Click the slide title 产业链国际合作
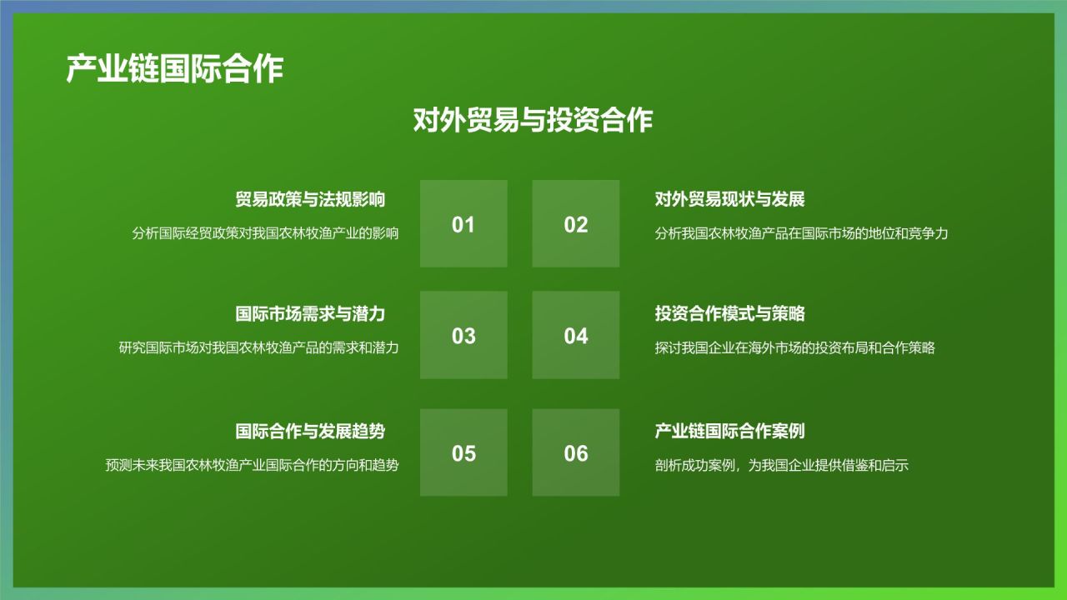(x=174, y=69)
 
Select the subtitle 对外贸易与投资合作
(x=533, y=120)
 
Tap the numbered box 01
(x=463, y=224)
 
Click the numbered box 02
(x=576, y=224)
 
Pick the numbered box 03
(x=463, y=336)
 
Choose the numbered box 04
(x=576, y=336)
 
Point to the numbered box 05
(x=463, y=453)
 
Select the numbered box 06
(x=576, y=453)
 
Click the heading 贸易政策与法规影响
(x=310, y=200)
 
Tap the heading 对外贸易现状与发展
(x=729, y=200)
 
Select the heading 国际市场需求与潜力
(x=310, y=314)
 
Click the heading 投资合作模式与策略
(x=729, y=314)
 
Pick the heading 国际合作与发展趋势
(x=310, y=432)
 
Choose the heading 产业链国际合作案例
(x=729, y=432)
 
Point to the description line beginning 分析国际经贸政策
(x=265, y=233)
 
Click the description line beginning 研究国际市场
(x=258, y=347)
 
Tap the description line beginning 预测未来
(x=252, y=465)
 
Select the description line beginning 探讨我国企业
(x=794, y=347)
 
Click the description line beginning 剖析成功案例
(x=781, y=465)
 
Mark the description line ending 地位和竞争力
(x=801, y=233)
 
